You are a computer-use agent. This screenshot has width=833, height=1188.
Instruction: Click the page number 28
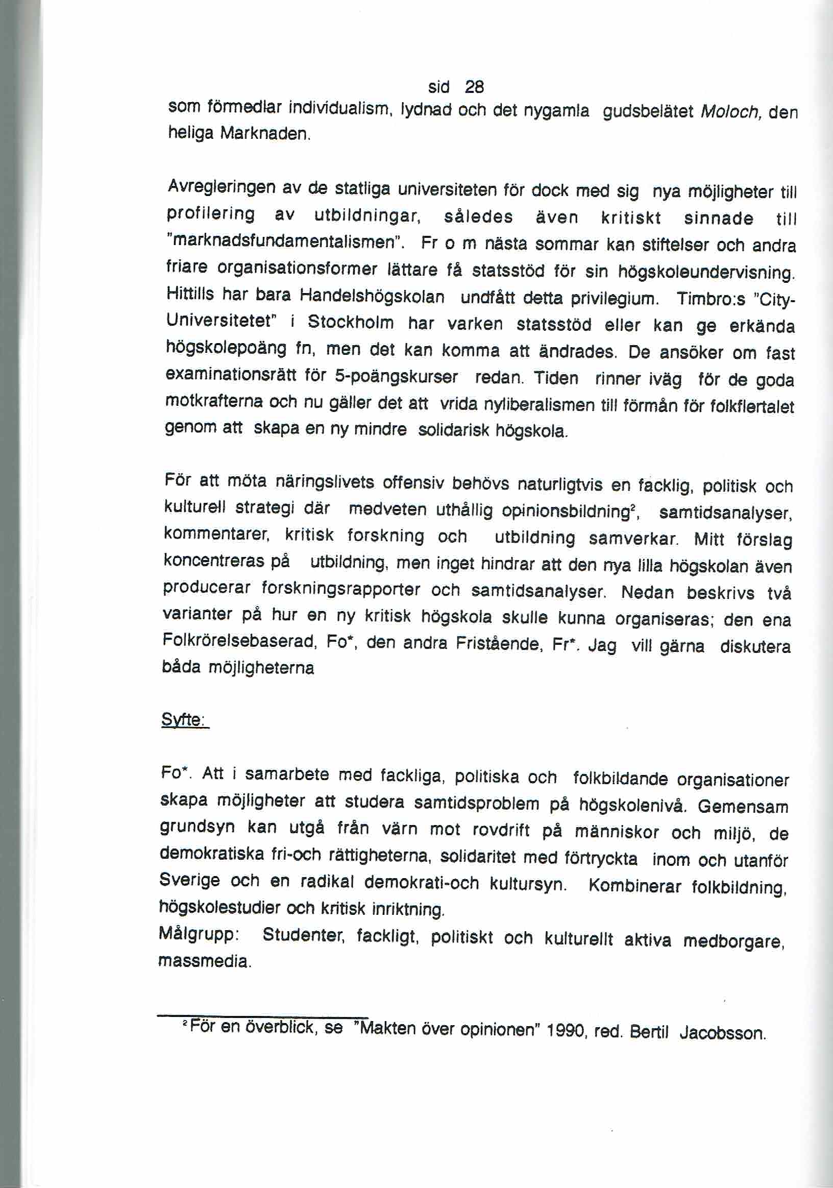click(474, 87)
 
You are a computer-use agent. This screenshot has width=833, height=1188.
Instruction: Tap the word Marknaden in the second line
click(264, 135)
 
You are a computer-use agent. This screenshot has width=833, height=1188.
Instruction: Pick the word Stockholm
click(350, 323)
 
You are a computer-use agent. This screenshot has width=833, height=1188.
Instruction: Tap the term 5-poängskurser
click(396, 377)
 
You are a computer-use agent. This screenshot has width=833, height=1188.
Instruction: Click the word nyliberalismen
click(538, 404)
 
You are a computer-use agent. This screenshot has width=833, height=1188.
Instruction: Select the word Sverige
click(189, 880)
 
